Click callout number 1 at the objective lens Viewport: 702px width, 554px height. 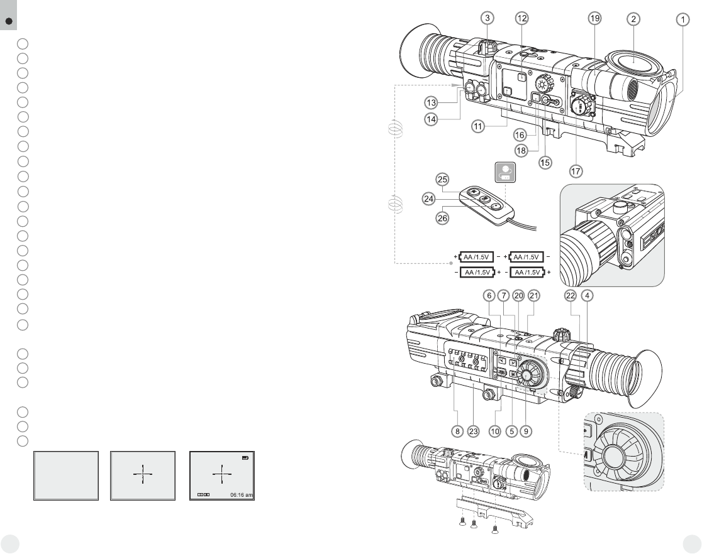tap(682, 19)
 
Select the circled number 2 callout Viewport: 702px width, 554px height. tap(633, 19)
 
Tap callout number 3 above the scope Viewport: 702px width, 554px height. tap(489, 19)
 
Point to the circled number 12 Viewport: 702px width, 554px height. tap(521, 19)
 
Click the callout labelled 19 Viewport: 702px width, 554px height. tap(594, 19)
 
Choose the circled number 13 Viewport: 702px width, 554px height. tap(430, 102)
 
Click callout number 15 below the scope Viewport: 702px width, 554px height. tap(545, 162)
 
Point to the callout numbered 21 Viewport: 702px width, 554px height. tap(533, 295)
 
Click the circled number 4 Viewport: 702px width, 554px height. tap(587, 295)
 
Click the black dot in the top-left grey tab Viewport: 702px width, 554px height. tap(8, 21)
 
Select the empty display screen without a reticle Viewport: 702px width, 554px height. tap(66, 475)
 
